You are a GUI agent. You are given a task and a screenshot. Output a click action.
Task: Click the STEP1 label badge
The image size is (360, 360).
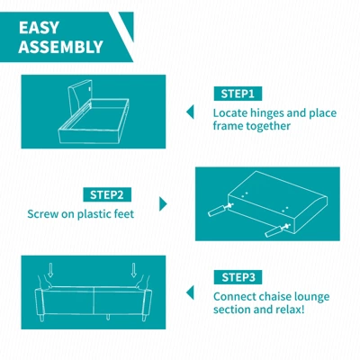238,94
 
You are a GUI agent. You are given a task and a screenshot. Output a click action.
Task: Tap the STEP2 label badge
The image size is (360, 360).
107,194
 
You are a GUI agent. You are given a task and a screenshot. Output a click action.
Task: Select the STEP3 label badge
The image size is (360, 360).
238,277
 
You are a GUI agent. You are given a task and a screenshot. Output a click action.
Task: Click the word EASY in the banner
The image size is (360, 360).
39,28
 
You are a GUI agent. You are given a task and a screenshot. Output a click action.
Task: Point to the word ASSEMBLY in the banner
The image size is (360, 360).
61,47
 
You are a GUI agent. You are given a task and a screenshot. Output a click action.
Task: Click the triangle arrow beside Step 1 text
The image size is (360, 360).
190,112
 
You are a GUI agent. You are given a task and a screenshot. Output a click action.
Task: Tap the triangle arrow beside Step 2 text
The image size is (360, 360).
163,204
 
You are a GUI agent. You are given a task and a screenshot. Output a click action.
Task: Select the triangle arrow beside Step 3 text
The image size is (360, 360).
190,292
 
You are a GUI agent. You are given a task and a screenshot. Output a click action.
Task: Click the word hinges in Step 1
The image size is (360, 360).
266,113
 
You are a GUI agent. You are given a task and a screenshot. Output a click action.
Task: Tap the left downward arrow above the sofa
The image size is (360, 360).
50,270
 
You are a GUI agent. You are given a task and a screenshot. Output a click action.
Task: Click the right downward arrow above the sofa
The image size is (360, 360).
134,270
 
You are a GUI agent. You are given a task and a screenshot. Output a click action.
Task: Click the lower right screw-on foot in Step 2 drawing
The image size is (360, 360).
277,229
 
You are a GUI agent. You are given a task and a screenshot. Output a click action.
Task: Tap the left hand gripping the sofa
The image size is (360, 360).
44,283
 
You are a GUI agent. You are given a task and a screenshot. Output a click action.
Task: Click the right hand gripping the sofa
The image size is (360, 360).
142,283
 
